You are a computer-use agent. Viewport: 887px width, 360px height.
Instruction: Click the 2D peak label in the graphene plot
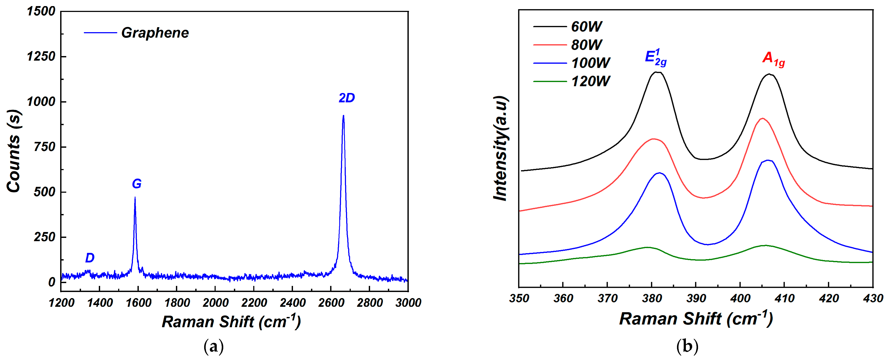pos(346,98)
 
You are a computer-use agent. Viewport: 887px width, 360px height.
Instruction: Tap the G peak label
pos(137,184)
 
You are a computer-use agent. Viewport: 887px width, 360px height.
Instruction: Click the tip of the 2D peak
pos(343,116)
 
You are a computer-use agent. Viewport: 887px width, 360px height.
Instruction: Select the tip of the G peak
pos(135,198)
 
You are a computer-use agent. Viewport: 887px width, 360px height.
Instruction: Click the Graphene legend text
pos(155,33)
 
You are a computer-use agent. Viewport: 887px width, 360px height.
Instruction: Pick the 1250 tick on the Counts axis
pos(41,56)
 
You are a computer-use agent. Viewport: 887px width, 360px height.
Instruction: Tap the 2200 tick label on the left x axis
pos(254,303)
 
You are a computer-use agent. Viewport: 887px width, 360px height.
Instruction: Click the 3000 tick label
pos(408,303)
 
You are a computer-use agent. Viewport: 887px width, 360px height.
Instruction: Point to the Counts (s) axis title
pos(14,151)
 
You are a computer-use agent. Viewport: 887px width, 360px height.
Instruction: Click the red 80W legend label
pos(586,45)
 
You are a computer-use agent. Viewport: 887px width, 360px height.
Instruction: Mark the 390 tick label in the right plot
pos(696,298)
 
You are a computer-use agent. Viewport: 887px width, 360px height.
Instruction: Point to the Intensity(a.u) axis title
pos(501,148)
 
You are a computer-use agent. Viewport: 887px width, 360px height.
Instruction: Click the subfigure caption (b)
pos(687,347)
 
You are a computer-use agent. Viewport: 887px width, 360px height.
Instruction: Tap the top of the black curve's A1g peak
pos(769,74)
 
